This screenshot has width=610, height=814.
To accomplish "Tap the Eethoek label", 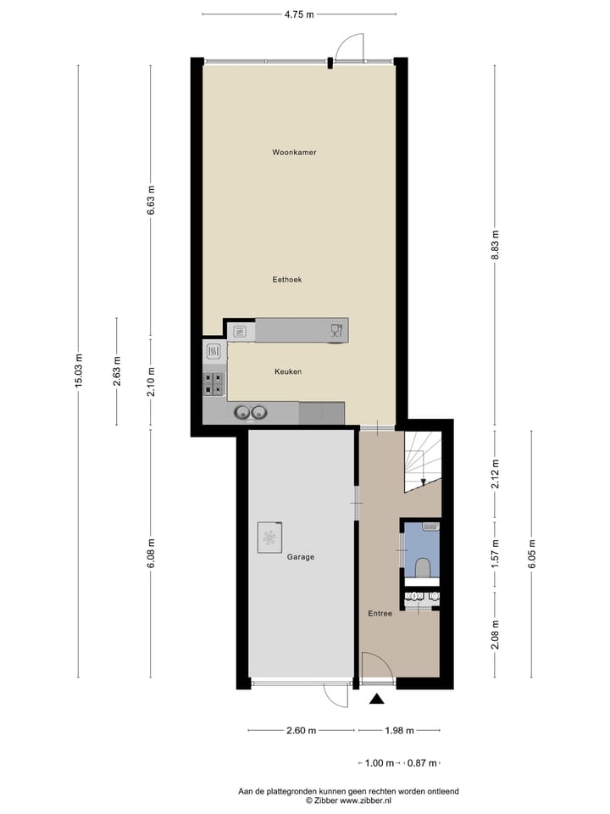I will pyautogui.click(x=287, y=279).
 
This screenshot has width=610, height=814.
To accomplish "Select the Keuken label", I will pyautogui.click(x=288, y=371).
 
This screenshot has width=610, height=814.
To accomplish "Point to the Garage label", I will pyautogui.click(x=300, y=557).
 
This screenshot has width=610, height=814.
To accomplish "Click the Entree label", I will pyautogui.click(x=380, y=613).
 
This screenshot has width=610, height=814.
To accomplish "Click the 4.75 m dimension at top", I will pyautogui.click(x=298, y=14).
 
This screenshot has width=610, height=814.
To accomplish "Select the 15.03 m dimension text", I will pyautogui.click(x=79, y=371).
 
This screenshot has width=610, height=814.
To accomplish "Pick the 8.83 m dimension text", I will pyautogui.click(x=496, y=247).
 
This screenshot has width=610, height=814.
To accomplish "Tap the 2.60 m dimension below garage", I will pyautogui.click(x=302, y=730).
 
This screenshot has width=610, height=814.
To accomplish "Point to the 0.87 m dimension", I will pyautogui.click(x=422, y=763).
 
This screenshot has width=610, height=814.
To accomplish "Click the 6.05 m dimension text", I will pyautogui.click(x=531, y=554).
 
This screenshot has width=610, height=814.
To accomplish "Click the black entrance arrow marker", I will pyautogui.click(x=377, y=699).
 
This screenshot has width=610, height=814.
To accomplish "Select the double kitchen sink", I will pyautogui.click(x=251, y=413).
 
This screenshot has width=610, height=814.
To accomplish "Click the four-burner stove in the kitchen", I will pyautogui.click(x=213, y=386).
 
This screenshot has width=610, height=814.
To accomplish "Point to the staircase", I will pyautogui.click(x=421, y=462).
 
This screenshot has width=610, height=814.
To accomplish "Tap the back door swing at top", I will pyautogui.click(x=349, y=47).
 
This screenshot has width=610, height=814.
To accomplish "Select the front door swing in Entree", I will pyautogui.click(x=375, y=666).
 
